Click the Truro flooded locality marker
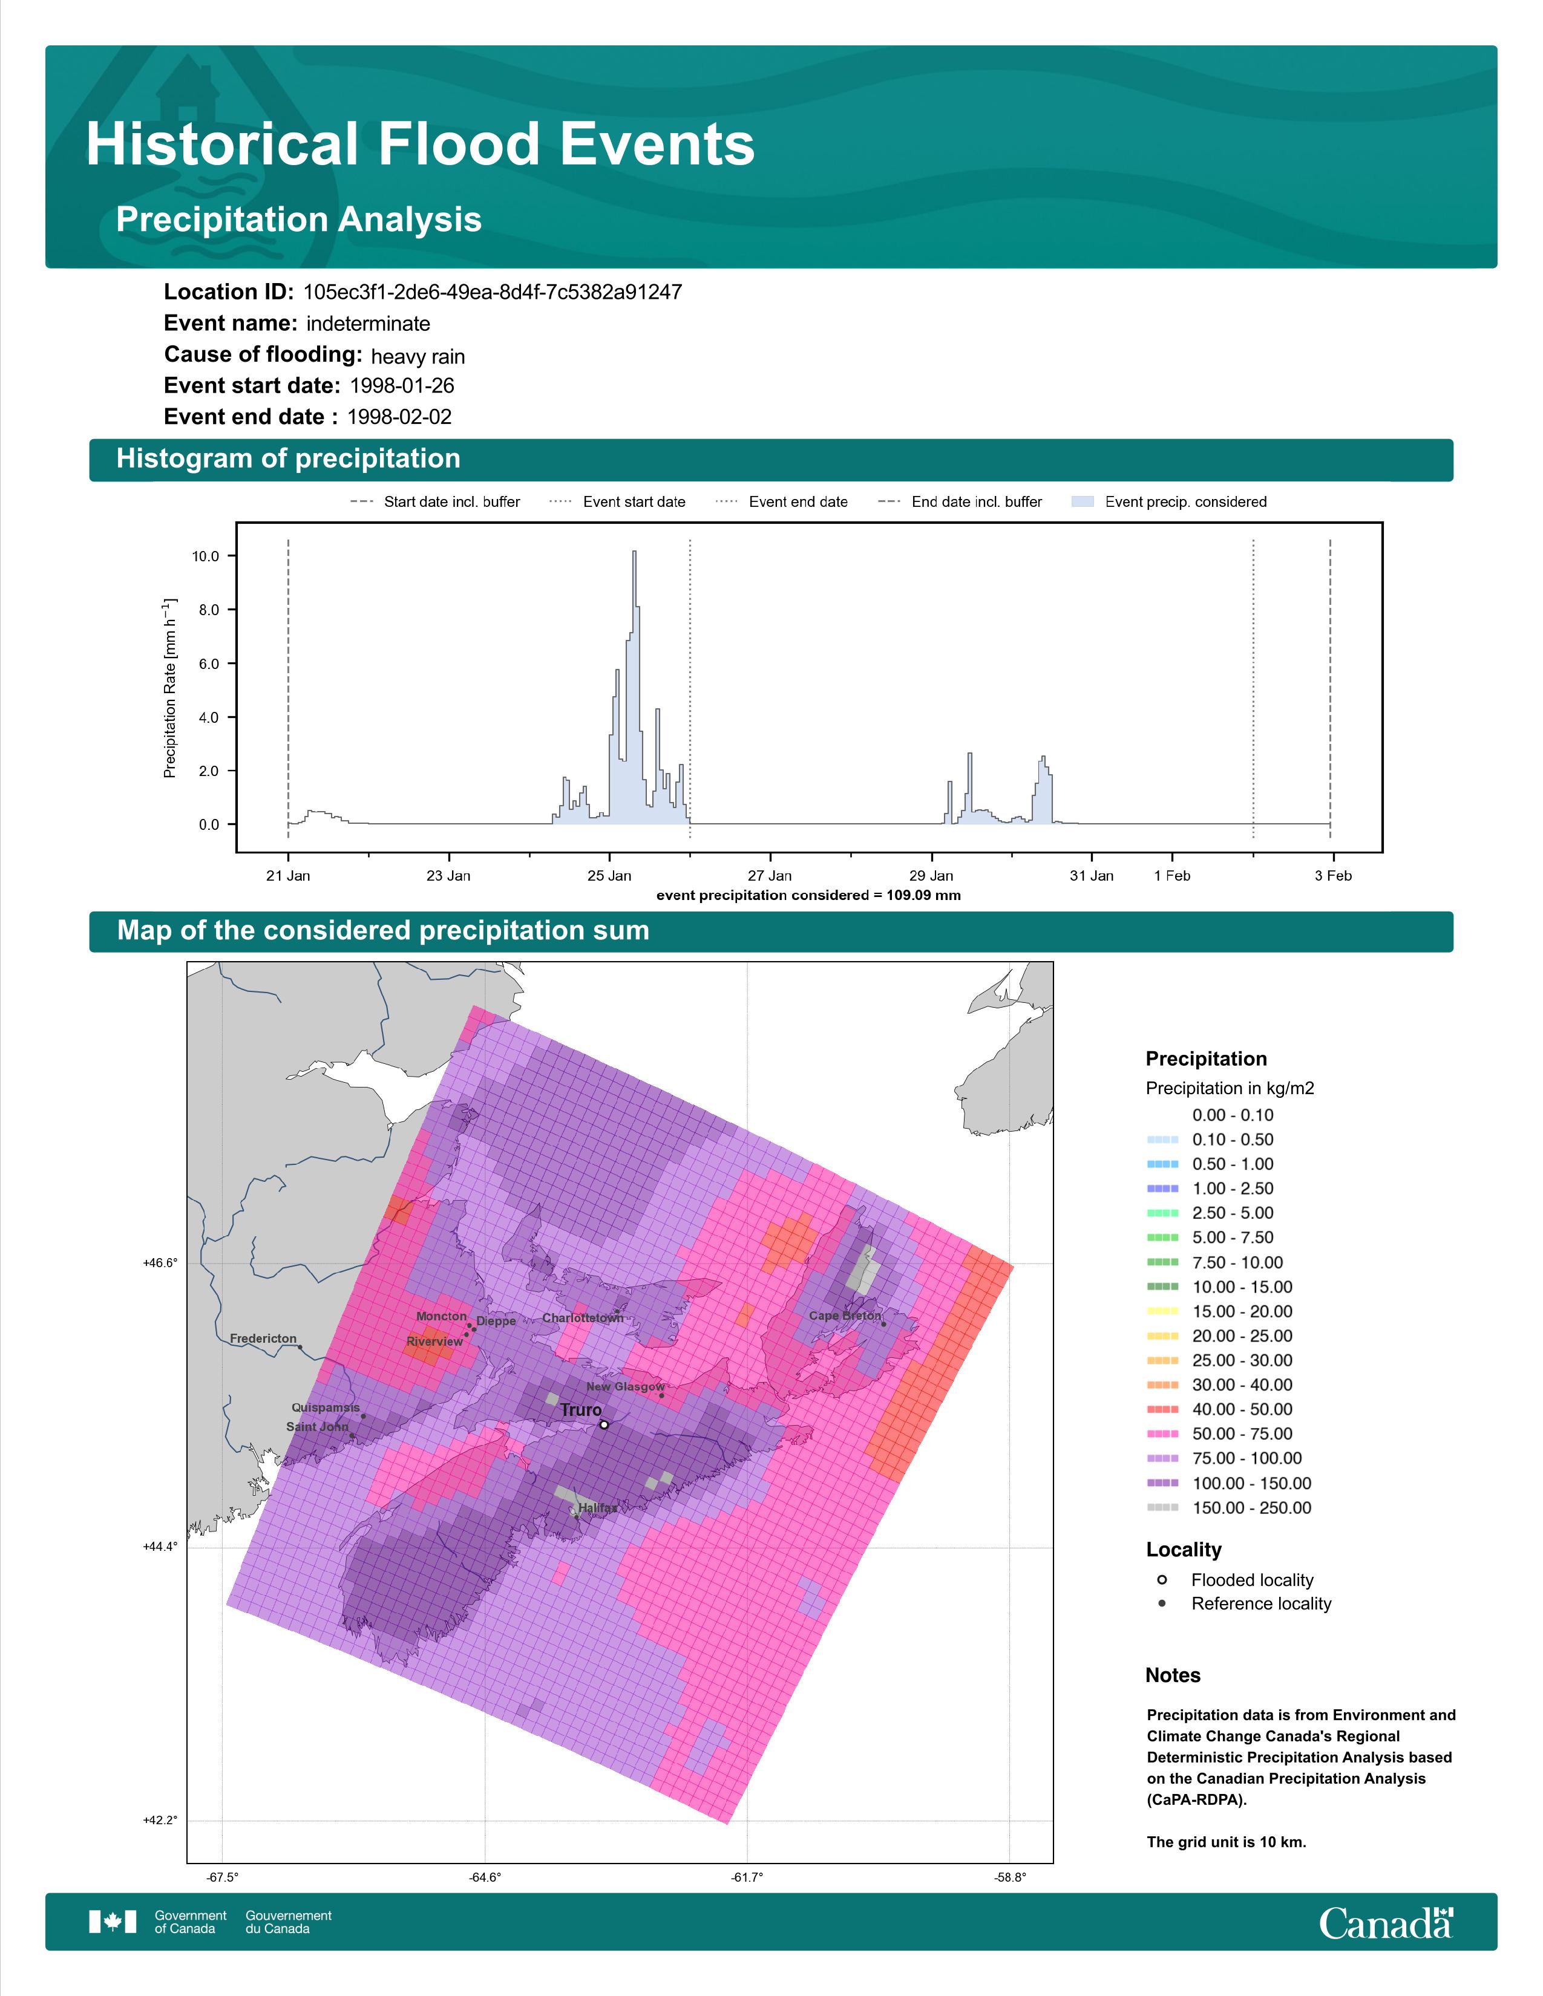pos(603,1424)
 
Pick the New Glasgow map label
pos(625,1386)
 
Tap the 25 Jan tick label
pos(609,876)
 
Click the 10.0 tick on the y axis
pos(206,556)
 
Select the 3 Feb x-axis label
pos(1333,876)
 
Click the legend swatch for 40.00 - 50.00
pos(1162,1409)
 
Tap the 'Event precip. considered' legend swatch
pos(1083,502)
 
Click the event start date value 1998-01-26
pos(402,386)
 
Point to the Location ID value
pos(493,293)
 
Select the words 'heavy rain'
pos(418,356)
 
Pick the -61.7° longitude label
pos(747,1877)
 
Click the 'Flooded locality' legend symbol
pos(1162,1579)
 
